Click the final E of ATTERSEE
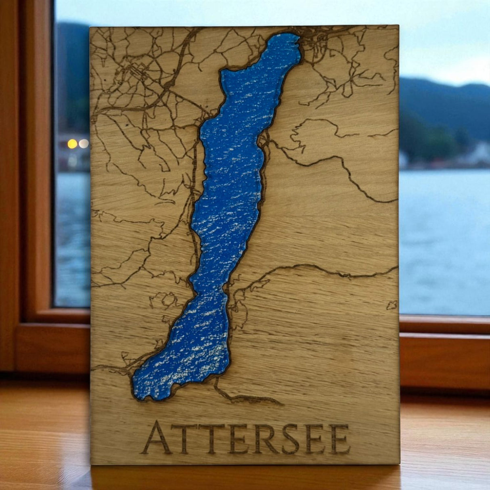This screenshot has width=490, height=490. (340, 438)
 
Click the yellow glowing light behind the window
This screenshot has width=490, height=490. (72, 143)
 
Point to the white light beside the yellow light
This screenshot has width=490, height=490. (84, 143)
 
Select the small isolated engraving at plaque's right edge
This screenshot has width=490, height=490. (392, 305)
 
